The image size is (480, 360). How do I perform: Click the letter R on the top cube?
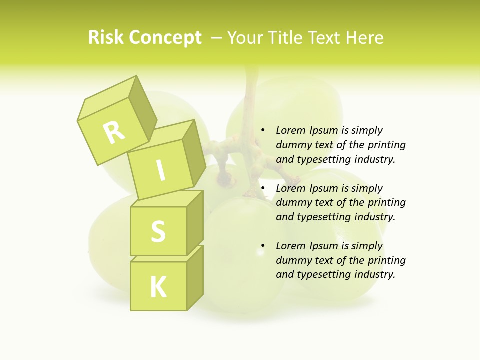coord(114,132)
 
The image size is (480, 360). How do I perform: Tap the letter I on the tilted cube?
coord(160,171)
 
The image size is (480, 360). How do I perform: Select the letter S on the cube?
coord(158,231)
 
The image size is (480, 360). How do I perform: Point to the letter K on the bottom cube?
coord(158,287)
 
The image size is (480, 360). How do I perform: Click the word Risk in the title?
coord(106,38)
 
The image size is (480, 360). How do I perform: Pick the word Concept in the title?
coord(166,38)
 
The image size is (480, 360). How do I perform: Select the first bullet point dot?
coord(263,130)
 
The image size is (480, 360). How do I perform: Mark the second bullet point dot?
coord(263,188)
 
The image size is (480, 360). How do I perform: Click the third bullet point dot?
coord(263,246)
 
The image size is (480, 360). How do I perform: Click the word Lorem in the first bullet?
coord(290,130)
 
